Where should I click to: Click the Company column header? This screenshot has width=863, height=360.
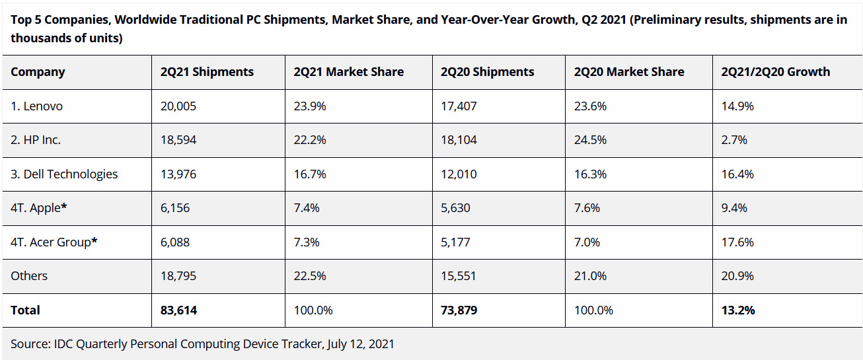38,72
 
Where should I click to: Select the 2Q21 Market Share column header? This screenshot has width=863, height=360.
348,72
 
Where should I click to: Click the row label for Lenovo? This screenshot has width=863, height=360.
36,106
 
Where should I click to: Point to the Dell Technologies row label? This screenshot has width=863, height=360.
64,174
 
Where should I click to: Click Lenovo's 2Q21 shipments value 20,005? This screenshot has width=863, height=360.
178,106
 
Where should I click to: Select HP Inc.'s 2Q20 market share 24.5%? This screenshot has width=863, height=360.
589,140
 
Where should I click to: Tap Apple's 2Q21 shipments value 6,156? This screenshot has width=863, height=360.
175,208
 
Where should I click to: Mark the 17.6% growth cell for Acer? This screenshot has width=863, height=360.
737,242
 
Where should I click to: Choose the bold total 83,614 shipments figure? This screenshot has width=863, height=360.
178,310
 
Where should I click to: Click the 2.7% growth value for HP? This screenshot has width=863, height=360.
734,140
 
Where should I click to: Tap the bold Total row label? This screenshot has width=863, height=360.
25,310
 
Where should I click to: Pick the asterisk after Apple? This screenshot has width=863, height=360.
64,207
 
